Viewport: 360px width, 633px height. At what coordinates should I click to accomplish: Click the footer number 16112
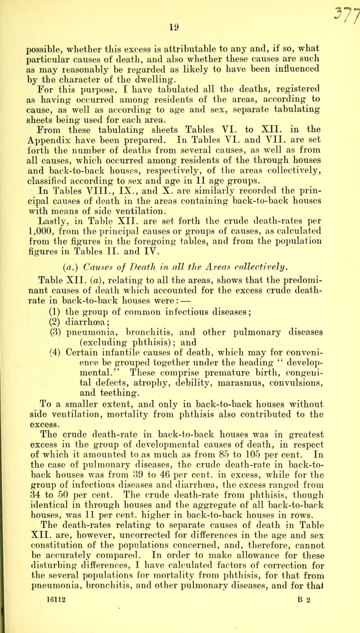[36, 620]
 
